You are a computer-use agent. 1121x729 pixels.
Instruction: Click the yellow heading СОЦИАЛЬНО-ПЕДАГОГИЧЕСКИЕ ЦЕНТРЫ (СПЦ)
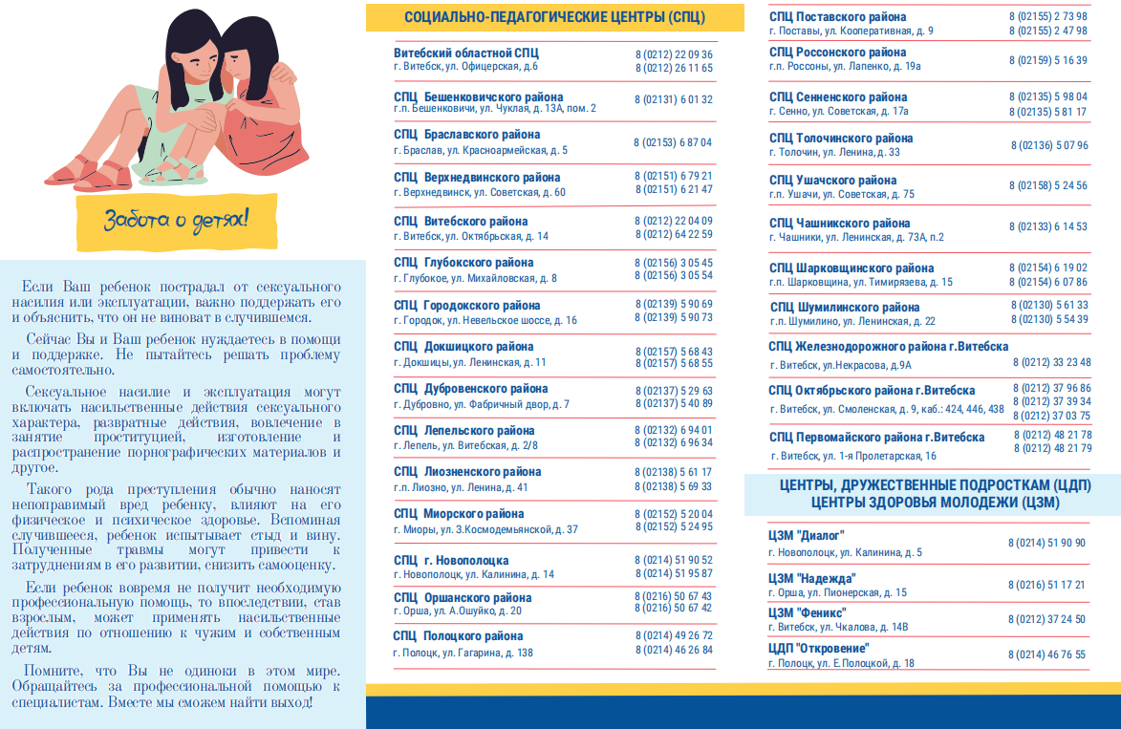pos(554,17)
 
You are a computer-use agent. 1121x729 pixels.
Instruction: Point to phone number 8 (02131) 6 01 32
pos(673,99)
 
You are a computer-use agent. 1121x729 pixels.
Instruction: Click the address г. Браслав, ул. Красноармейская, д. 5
pos(480,150)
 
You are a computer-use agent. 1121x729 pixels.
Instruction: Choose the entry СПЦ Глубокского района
pos(463,263)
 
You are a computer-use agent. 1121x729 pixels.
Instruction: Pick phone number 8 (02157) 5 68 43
pos(673,351)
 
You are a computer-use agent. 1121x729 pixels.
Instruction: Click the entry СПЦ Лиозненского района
pos(467,472)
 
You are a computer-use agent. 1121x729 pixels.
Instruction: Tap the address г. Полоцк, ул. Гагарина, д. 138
pos(463,653)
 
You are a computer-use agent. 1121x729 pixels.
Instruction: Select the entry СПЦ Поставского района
pos(837,17)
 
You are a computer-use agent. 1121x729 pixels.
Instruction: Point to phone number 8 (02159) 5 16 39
pos(1047,60)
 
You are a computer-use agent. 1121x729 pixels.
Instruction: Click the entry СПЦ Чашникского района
pos(839,224)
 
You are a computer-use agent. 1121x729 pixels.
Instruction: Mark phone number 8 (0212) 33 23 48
pos(1051,362)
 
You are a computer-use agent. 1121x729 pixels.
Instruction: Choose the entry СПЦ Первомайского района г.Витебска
pos(875,438)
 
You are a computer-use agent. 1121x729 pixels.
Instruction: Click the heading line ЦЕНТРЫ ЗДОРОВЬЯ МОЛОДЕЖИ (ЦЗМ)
pos(935,503)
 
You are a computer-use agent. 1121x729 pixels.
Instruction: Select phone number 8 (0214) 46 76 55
pos(1046,654)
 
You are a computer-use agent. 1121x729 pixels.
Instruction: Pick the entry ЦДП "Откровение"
pos(818,648)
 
